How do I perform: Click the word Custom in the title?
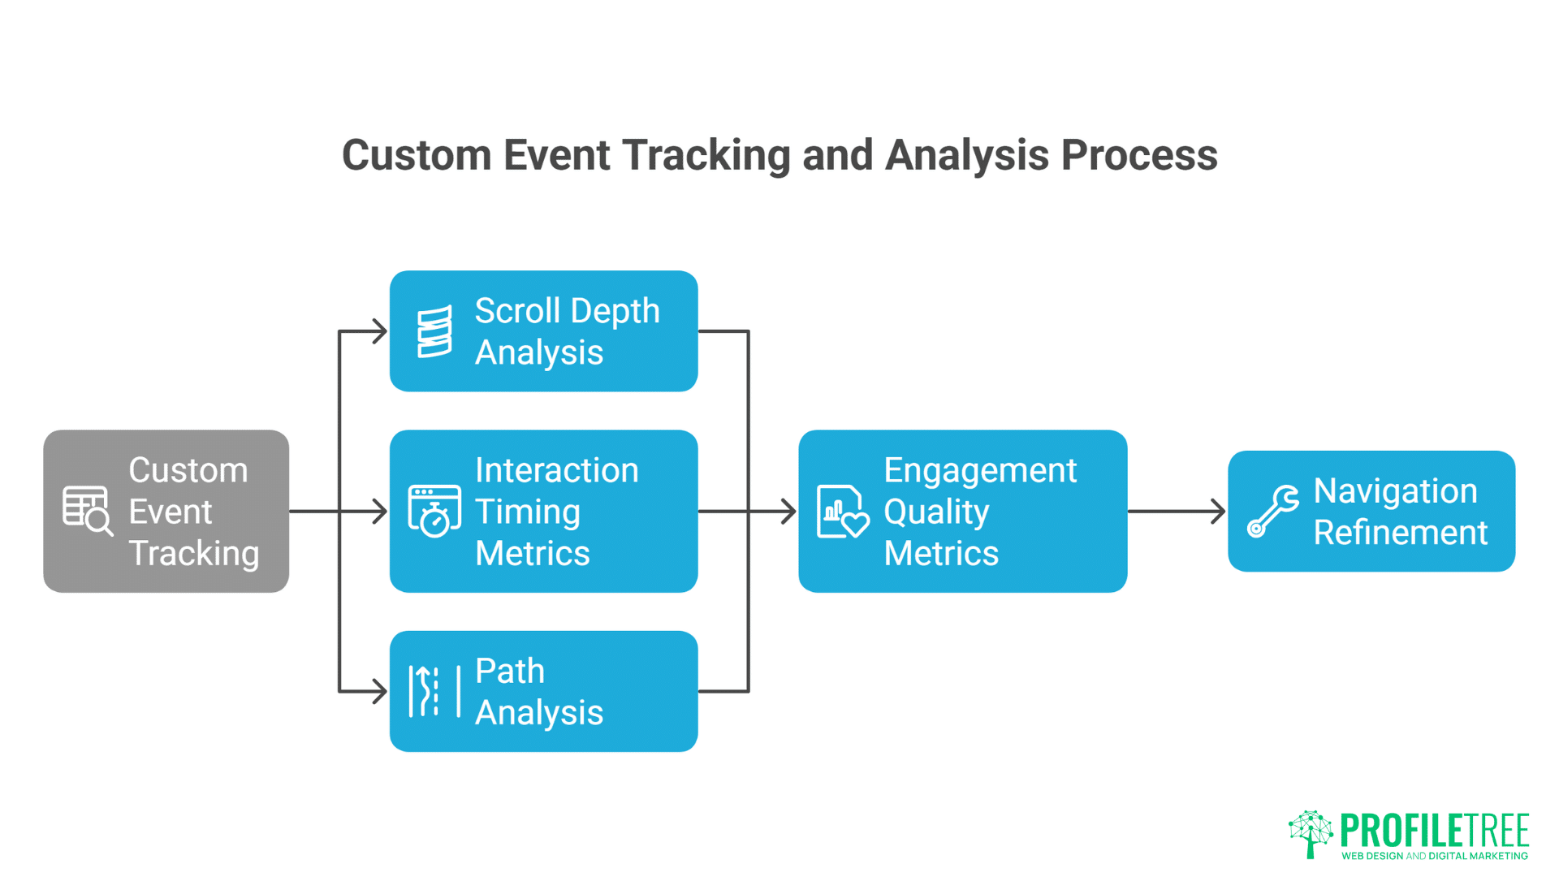(417, 155)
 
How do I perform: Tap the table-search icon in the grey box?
(87, 511)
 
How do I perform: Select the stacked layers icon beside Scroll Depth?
(434, 331)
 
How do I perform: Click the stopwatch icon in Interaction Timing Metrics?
(434, 512)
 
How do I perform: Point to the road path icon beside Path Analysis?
(434, 691)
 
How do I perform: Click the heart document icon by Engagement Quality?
(842, 512)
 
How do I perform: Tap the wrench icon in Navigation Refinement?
(1272, 512)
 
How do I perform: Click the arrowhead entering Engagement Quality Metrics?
(788, 512)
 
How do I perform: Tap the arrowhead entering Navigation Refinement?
(1218, 512)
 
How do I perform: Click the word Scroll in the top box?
(517, 311)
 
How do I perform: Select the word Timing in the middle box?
(528, 512)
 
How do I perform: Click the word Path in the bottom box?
(510, 672)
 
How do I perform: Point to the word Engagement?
(980, 471)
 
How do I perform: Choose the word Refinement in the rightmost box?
(1401, 533)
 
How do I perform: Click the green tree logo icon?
(1310, 833)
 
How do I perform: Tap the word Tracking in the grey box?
(194, 554)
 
